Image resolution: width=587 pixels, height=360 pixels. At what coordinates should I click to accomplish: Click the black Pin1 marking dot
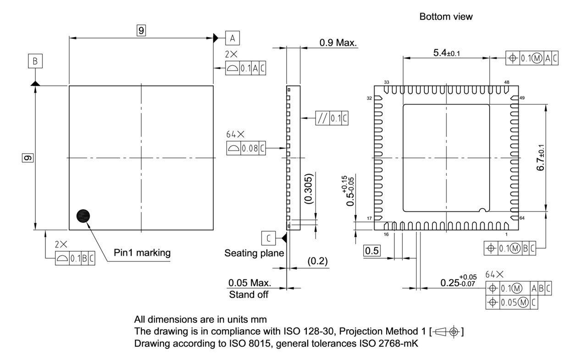[83, 216]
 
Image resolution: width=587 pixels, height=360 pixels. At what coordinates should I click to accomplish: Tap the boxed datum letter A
[232, 38]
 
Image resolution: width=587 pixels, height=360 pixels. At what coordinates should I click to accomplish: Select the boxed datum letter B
[35, 61]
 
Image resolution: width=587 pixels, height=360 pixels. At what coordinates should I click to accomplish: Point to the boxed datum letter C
[269, 238]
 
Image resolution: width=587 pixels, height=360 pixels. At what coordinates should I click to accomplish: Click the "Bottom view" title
[446, 17]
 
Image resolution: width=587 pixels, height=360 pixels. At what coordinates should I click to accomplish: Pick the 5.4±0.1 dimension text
[447, 53]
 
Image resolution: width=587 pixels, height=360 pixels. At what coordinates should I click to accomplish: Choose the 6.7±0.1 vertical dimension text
[541, 157]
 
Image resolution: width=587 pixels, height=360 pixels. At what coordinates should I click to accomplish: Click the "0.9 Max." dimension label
[338, 42]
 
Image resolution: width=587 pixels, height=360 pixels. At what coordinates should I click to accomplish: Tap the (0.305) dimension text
[309, 188]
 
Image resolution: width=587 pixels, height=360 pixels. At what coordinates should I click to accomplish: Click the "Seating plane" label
[254, 253]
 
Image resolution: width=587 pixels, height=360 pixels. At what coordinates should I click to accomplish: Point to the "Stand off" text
[249, 294]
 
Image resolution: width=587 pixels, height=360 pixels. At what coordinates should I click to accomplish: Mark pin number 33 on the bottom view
[386, 82]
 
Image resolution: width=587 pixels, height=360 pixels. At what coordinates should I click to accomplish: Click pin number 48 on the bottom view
[506, 82]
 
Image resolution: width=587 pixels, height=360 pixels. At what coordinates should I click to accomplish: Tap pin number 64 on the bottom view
[522, 218]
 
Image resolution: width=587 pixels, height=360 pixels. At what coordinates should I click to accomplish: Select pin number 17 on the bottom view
[369, 218]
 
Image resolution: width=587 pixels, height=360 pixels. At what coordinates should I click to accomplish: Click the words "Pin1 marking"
[142, 252]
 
